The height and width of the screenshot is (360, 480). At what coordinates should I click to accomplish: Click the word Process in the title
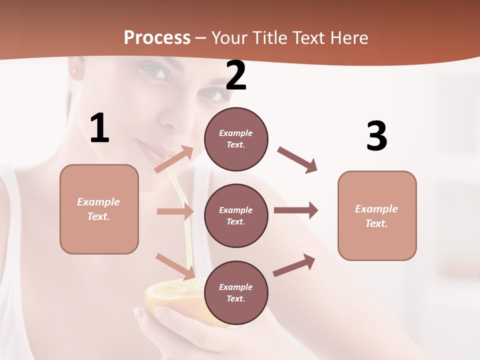point(157,38)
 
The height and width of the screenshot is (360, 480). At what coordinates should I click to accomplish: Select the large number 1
point(99,128)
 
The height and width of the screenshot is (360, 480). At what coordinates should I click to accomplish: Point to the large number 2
point(236,75)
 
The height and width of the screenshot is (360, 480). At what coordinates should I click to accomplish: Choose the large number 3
point(376,136)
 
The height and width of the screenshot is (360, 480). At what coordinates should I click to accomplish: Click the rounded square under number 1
point(99,209)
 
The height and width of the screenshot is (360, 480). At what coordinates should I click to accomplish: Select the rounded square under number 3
point(377,215)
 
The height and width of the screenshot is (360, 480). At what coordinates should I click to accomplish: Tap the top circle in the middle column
point(236,139)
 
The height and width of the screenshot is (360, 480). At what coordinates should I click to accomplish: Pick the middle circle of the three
point(236,215)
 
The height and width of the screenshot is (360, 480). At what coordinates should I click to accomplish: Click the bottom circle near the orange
point(236,292)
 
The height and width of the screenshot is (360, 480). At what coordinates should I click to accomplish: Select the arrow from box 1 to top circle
point(174,159)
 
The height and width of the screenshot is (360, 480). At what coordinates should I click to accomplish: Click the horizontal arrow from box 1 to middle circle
point(175,211)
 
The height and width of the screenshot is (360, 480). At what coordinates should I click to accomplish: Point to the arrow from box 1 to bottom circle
point(175,266)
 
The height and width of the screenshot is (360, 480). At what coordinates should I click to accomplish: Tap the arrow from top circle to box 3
point(297,159)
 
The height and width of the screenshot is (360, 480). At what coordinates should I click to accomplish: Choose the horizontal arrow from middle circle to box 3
point(296,210)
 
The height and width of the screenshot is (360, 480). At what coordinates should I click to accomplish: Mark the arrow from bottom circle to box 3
point(294,265)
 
